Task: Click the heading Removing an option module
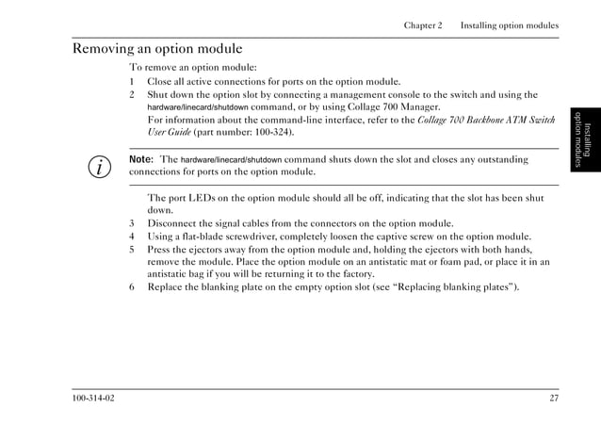(x=157, y=49)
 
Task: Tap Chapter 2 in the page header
(x=423, y=25)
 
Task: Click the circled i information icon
(x=97, y=168)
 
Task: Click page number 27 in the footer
(x=554, y=398)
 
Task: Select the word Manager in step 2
(x=417, y=107)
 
